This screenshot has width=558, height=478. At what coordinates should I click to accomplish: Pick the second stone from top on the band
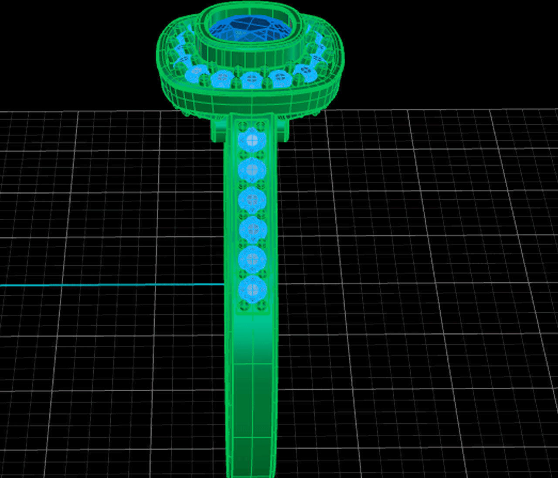point(252,170)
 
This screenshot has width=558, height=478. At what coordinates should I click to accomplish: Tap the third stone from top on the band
point(252,199)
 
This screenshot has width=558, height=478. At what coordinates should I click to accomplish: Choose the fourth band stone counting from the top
point(252,229)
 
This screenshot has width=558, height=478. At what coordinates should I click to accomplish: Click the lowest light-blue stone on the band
point(252,289)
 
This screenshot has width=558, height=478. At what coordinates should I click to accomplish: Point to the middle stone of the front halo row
point(251,80)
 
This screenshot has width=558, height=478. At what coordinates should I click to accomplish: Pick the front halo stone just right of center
point(280,79)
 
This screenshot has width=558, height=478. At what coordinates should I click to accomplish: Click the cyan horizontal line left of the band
point(109,285)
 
